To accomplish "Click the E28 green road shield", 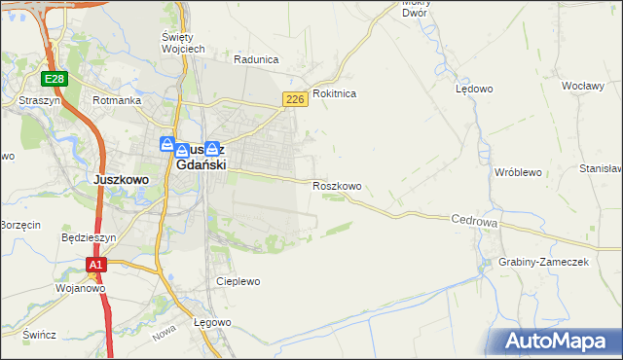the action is (54, 78).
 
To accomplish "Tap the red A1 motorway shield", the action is (95, 264).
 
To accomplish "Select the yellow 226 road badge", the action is (296, 99).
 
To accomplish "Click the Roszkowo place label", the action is (337, 186).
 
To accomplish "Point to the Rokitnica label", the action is (334, 93).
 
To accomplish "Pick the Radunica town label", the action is (255, 59).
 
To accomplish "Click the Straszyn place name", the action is (39, 100).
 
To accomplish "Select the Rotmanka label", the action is (117, 100).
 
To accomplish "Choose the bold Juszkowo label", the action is (120, 180).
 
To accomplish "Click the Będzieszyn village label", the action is (89, 237).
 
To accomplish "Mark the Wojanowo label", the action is (80, 288).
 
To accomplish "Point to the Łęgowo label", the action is (211, 322).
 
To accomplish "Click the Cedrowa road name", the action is (475, 222).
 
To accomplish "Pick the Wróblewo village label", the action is (518, 172).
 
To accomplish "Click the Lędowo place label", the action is (474, 89).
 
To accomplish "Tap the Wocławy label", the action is (584, 86).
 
